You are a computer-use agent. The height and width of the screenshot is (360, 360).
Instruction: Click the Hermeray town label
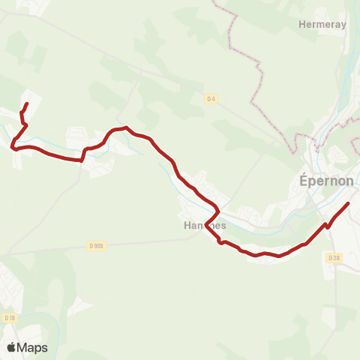click(322, 24)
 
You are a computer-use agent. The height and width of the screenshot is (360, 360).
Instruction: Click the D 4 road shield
click(211, 98)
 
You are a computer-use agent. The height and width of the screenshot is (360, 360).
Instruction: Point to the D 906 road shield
click(95, 245)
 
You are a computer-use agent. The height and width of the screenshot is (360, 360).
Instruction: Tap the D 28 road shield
click(334, 257)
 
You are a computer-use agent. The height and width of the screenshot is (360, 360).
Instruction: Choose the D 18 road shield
click(9, 318)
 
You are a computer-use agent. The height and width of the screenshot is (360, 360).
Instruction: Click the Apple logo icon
click(11, 347)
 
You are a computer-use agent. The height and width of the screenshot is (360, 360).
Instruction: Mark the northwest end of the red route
click(27, 103)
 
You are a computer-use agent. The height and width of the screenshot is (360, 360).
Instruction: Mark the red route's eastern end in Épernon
click(349, 203)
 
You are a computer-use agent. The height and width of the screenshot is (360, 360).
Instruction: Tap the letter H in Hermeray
click(301, 24)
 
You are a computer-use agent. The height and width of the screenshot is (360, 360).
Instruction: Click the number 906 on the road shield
click(97, 245)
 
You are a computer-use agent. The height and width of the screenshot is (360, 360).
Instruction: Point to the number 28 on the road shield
click(336, 257)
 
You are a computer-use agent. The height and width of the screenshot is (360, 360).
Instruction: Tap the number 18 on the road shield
click(11, 318)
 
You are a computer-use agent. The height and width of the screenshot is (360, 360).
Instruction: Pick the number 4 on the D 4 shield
click(214, 98)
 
